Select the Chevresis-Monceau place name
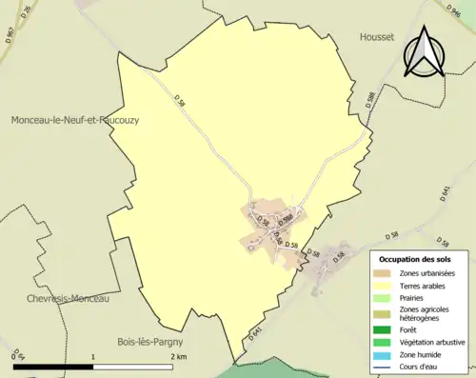click(62, 298)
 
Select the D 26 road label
click(26, 12)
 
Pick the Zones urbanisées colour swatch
click(386, 274)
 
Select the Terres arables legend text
click(426, 286)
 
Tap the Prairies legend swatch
click(386, 298)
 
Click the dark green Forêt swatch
click(386, 332)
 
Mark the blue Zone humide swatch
click(386, 356)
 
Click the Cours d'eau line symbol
click(386, 368)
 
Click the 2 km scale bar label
click(178, 356)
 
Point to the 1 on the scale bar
click(93, 356)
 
